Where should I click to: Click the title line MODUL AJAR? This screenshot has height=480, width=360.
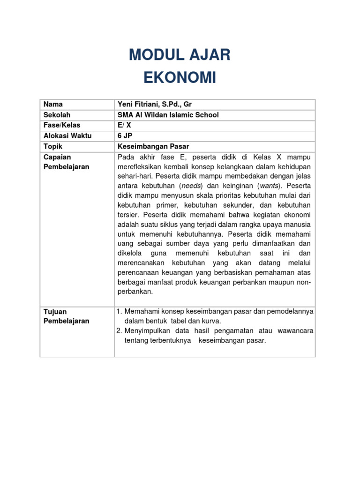coord(180,55)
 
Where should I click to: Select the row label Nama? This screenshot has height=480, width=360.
coord(53,104)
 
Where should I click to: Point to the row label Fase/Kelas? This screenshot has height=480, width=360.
coord(62,125)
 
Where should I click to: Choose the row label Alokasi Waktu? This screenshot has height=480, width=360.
coord(67,136)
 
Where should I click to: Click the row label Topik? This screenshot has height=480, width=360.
coord(53,146)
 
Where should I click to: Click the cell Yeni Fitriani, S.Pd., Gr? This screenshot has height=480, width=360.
coord(155,104)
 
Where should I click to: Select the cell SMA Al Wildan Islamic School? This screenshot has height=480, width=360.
coord(168,115)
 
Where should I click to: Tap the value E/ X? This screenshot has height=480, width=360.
coord(124,125)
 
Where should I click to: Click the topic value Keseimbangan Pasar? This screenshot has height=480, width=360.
coord(153,146)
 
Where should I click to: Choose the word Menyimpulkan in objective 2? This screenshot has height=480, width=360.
coord(146,331)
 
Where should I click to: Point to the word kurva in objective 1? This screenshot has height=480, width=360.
coord(210,321)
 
